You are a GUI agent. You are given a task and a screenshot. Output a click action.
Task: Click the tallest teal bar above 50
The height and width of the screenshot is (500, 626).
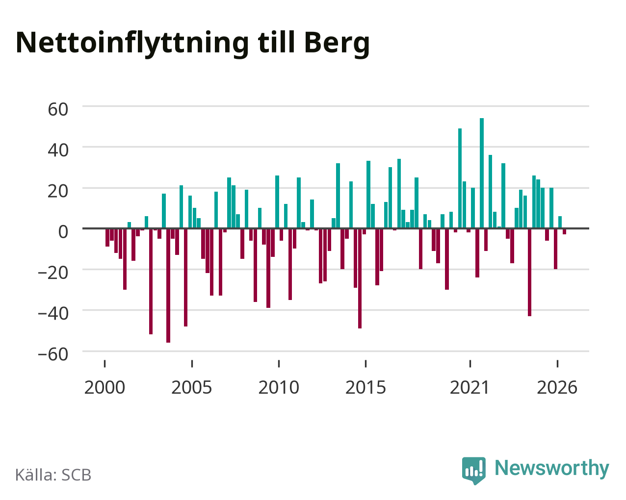(482, 173)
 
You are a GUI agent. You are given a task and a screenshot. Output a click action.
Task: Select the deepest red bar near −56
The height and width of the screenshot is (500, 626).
(168, 286)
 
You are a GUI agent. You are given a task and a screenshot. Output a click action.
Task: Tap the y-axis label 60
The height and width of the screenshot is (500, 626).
(58, 110)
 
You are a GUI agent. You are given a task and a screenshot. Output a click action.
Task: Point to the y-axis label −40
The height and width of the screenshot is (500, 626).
(53, 314)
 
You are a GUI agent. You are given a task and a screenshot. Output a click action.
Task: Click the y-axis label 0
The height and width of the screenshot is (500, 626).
(63, 232)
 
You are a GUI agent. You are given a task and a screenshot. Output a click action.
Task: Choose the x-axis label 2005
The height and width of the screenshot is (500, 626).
(192, 387)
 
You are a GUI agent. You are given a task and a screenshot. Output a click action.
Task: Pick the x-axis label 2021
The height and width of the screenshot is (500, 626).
(470, 387)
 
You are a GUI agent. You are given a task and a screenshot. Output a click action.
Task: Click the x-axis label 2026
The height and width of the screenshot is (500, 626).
(557, 387)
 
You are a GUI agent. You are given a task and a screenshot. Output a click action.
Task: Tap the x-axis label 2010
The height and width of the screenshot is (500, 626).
(279, 387)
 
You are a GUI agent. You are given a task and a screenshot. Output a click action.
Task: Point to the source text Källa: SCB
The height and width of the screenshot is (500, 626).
(53, 475)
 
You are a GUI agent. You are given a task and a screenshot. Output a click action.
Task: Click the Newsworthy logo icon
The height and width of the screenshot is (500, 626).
(473, 471)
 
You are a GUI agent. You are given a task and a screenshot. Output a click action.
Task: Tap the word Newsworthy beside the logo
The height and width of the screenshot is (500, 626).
(552, 468)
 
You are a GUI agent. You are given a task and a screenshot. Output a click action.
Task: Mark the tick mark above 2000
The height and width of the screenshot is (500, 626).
(104, 364)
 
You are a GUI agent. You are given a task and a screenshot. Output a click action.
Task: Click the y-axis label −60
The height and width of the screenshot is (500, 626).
(53, 354)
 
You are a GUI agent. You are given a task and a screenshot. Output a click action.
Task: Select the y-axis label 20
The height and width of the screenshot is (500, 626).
(58, 191)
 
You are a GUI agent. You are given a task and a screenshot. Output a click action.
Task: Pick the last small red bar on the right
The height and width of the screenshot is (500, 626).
(564, 231)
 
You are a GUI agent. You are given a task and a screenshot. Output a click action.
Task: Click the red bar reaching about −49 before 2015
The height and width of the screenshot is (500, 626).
(360, 278)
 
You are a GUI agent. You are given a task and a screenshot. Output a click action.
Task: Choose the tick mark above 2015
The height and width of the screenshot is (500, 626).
(365, 364)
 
